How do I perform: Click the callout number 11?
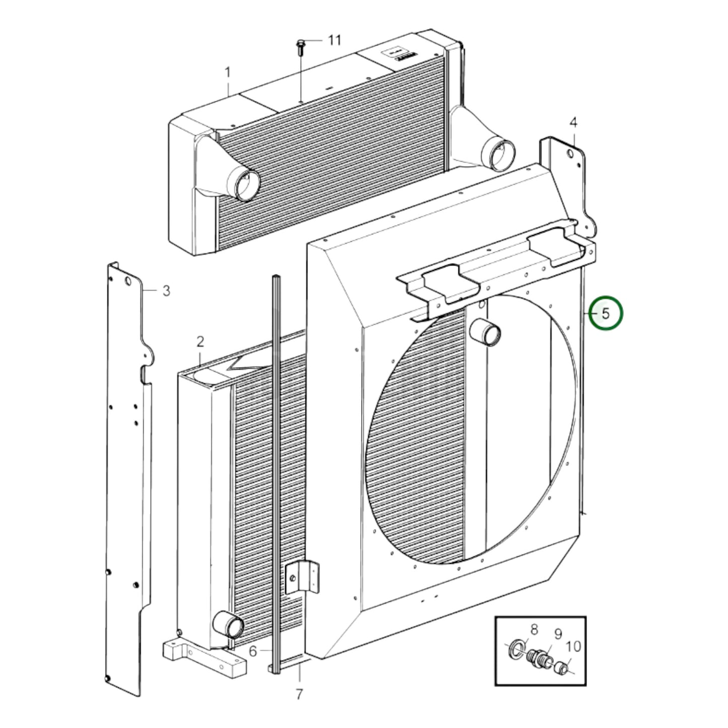coord(335,40)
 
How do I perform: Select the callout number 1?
coord(227,73)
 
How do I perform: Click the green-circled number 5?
coord(606,313)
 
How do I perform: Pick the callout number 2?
coord(200,342)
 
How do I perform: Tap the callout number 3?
coord(166,291)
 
